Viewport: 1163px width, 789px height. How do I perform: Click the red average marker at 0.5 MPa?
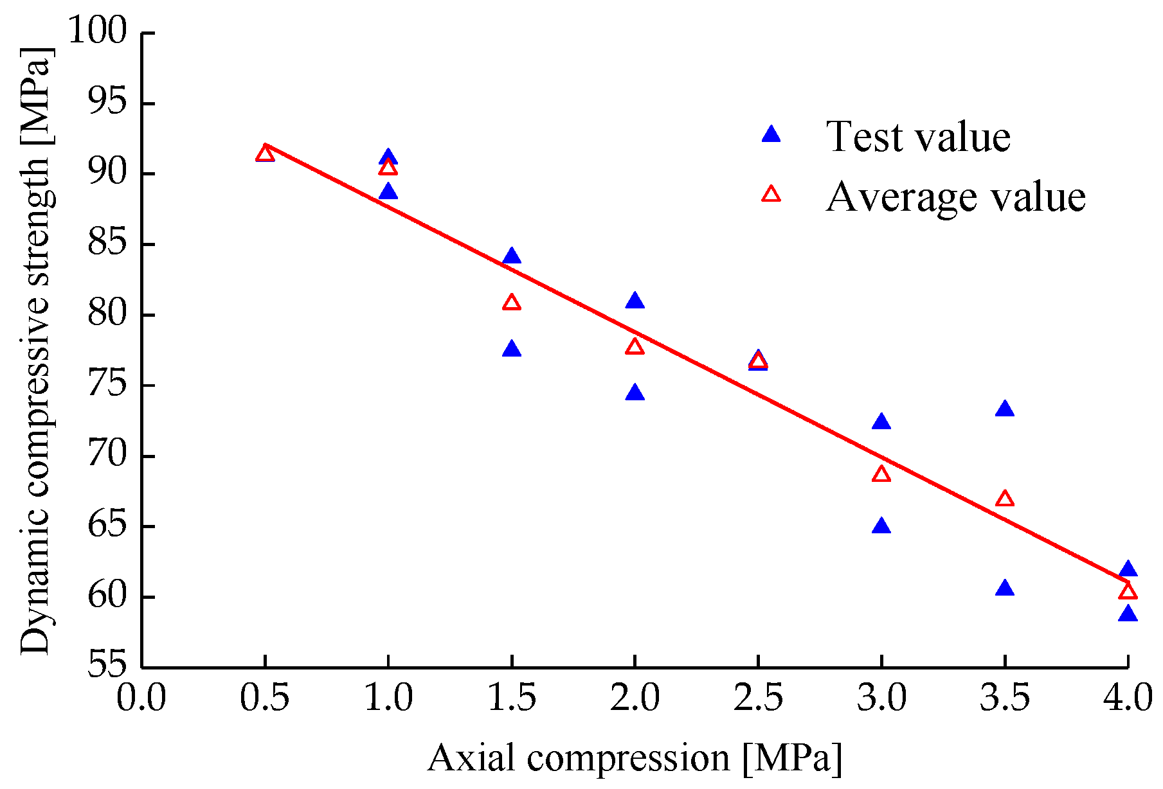point(265,154)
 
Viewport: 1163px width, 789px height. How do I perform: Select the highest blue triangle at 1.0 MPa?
point(388,157)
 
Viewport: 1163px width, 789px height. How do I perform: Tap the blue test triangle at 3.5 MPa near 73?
point(1005,409)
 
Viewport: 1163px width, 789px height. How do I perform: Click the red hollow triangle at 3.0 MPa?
point(881,474)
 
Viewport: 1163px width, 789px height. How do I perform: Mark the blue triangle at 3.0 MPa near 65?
point(881,526)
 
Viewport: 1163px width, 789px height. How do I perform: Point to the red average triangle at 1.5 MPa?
point(512,303)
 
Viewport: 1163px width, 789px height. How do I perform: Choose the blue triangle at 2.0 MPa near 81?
point(635,301)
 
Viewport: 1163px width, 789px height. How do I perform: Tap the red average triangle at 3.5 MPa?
point(1005,499)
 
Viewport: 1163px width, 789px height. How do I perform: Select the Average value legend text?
point(955,196)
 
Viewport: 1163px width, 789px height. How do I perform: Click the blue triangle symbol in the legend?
point(771,134)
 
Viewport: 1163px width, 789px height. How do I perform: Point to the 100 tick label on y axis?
point(98,31)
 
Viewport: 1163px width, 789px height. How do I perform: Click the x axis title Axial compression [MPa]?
point(635,758)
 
